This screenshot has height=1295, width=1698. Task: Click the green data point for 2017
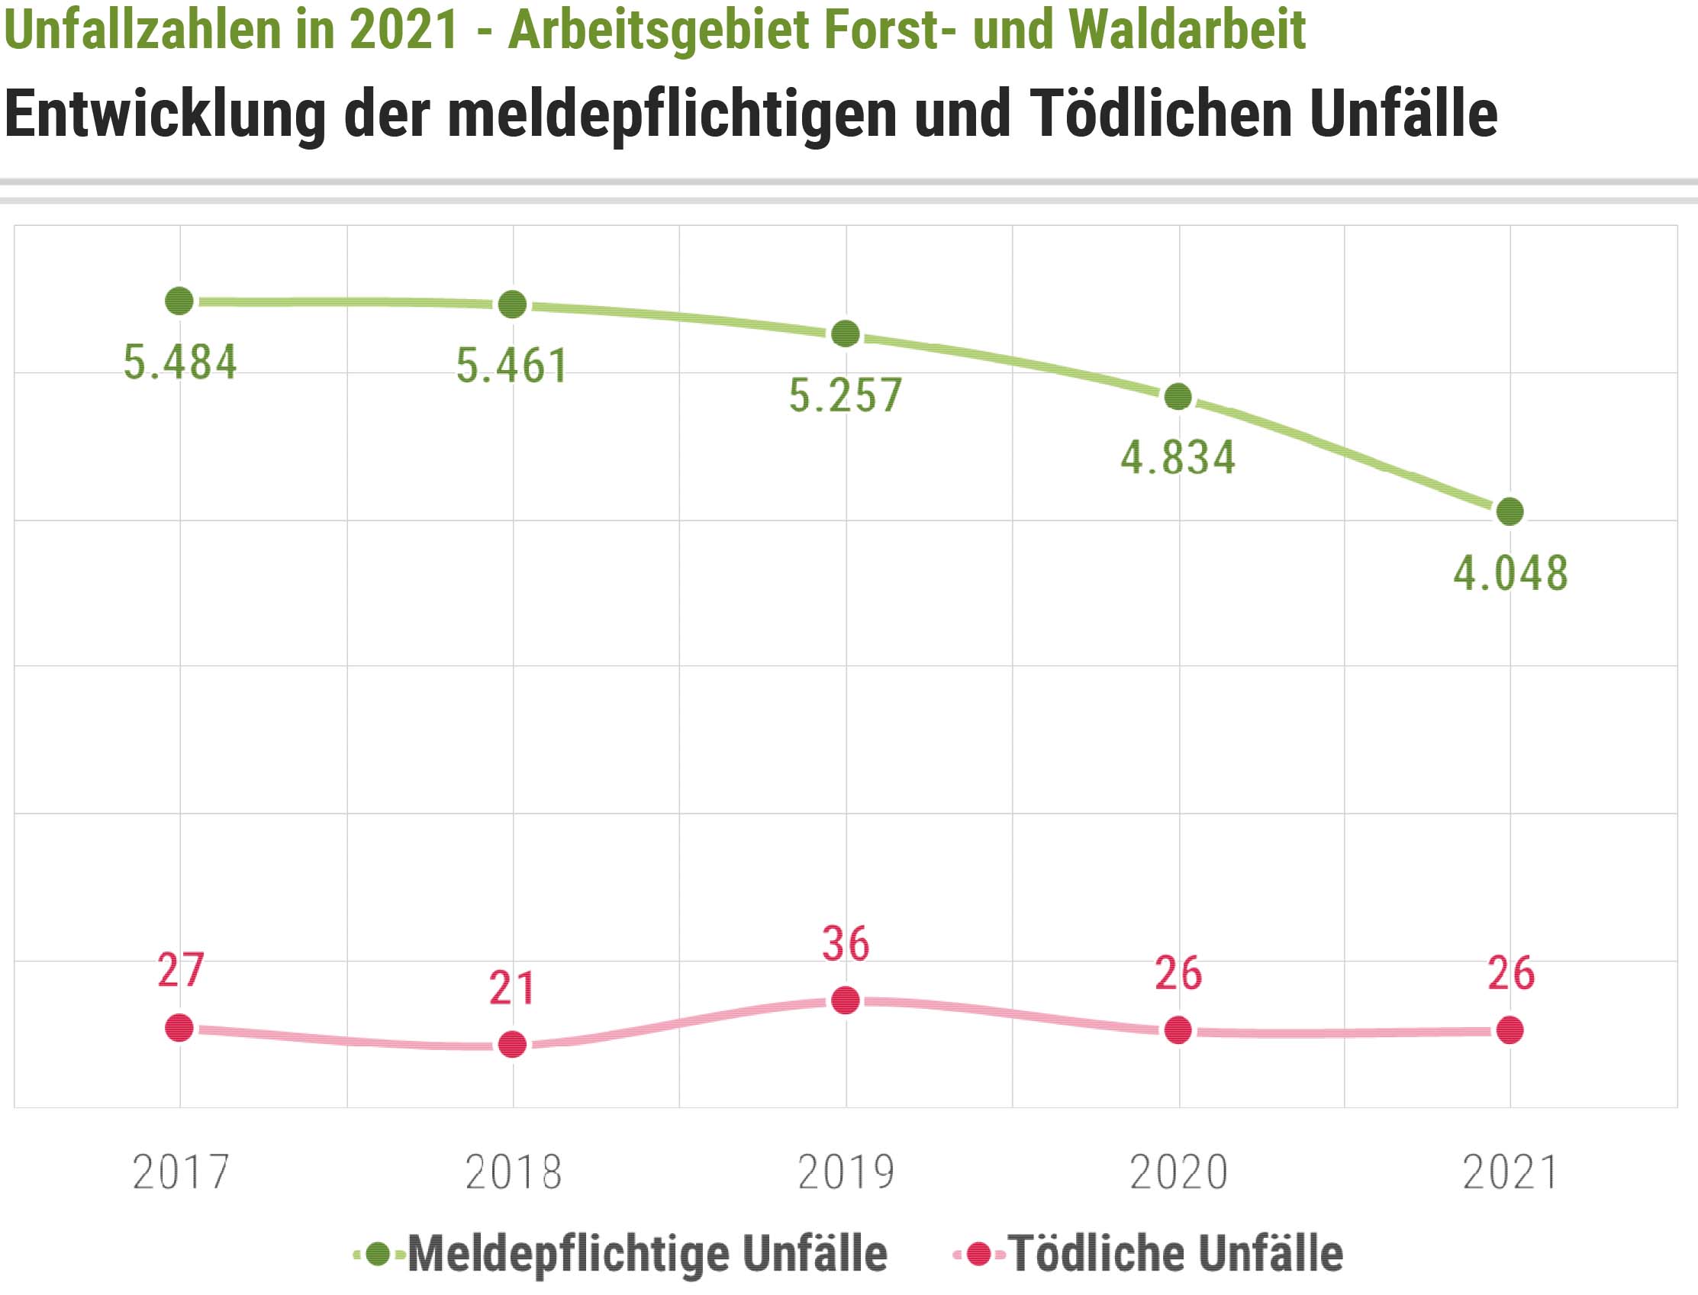[179, 301]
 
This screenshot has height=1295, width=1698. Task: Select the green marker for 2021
[1510, 511]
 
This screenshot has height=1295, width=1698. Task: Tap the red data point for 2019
[846, 1000]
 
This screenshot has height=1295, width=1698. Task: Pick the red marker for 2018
[513, 1045]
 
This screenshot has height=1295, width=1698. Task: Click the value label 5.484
[180, 362]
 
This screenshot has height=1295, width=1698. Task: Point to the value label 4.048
[1511, 574]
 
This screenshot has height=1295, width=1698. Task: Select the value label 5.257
[846, 395]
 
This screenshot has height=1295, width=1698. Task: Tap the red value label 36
[846, 943]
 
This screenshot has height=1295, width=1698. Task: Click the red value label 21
[513, 988]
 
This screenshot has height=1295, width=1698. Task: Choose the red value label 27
[180, 970]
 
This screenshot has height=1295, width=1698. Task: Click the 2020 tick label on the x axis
[1178, 1173]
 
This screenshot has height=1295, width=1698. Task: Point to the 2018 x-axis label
[514, 1173]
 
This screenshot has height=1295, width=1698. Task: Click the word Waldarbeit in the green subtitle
[1187, 29]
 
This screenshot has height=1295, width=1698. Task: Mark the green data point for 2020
[1178, 397]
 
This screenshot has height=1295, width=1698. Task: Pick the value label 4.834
[1178, 458]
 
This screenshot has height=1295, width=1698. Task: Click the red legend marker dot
[979, 1254]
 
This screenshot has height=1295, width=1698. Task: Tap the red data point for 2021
[1510, 1030]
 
